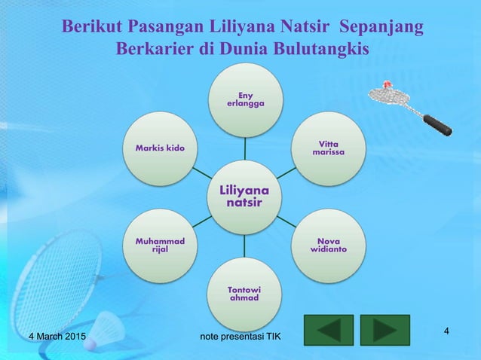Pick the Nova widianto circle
click(328, 244)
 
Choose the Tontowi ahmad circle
click(244, 293)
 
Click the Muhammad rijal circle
click(161, 244)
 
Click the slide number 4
click(447, 332)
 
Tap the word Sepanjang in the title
click(381, 28)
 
